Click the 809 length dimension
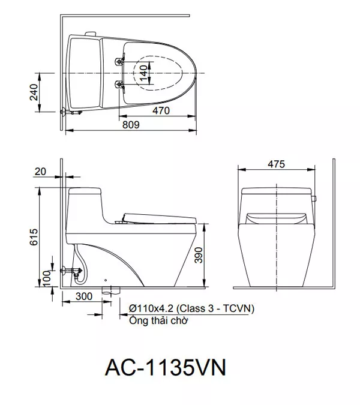pyautogui.click(x=131, y=124)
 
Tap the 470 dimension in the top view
pyautogui.click(x=161, y=110)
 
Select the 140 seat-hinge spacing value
pyautogui.click(x=143, y=73)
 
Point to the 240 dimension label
pyautogui.click(x=34, y=92)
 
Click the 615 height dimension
pyautogui.click(x=34, y=236)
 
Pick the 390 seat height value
pyautogui.click(x=199, y=255)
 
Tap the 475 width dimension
pyautogui.click(x=276, y=164)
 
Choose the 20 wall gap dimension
pyautogui.click(x=40, y=171)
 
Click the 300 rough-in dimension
pyautogui.click(x=84, y=296)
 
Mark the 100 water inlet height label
pyautogui.click(x=46, y=278)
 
